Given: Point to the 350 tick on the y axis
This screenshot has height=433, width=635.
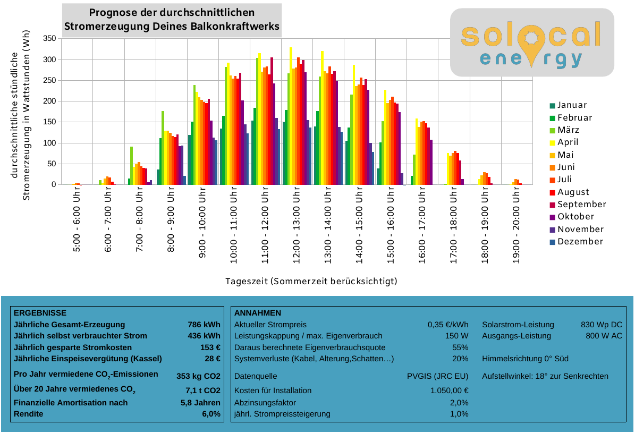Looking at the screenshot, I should (49, 38).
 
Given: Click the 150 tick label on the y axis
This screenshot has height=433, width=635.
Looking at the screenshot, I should (49, 122).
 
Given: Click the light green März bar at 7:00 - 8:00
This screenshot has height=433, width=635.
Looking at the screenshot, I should (131, 166).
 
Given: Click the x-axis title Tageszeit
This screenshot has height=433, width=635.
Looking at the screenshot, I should (311, 281).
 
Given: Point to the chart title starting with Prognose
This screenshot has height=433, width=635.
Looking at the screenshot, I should (172, 20).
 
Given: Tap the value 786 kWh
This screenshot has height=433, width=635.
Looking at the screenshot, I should (204, 325).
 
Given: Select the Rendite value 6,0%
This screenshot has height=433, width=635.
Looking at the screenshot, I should (211, 414).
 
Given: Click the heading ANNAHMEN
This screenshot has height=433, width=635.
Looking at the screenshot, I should (257, 313).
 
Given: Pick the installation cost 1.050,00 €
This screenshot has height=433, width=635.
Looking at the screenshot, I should (449, 390).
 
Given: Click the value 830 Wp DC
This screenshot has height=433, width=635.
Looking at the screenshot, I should (602, 325).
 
